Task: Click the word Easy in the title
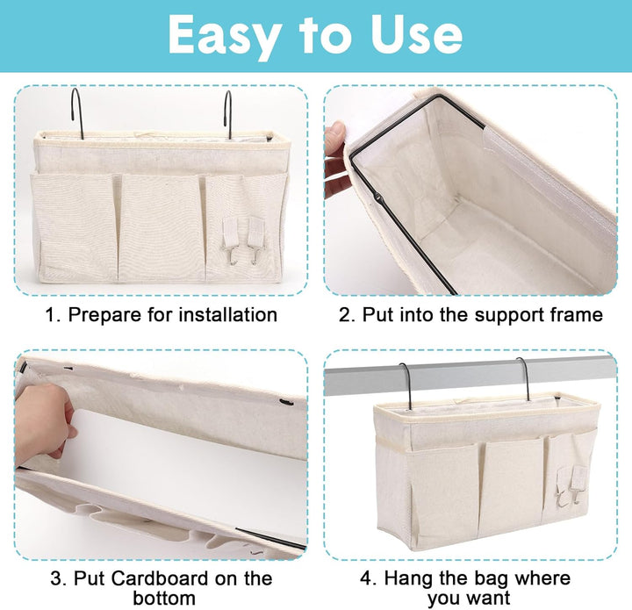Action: (x=225, y=35)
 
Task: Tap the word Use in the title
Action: (x=416, y=34)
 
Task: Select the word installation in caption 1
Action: (x=227, y=314)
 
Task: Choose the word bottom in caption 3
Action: (x=164, y=598)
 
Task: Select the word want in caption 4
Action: (x=489, y=599)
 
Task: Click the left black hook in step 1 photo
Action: (x=77, y=113)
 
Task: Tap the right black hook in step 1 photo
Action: (x=227, y=114)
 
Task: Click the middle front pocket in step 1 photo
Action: (x=162, y=227)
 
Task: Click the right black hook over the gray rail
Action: (x=524, y=379)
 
